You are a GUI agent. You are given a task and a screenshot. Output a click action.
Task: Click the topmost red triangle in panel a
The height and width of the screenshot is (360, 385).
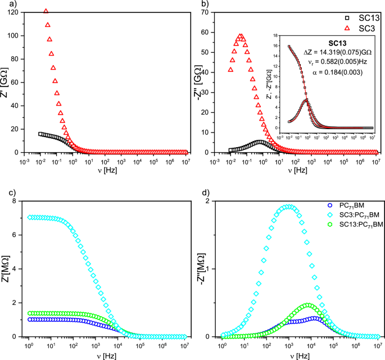point(46,11)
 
